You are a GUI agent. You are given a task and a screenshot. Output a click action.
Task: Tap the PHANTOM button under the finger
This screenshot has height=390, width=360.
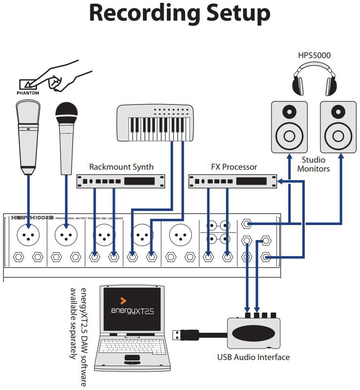tap(28, 84)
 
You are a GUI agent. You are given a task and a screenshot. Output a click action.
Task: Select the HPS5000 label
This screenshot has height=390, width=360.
tap(314, 55)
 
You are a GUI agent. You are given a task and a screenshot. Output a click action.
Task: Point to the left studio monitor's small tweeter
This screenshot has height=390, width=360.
tap(289, 111)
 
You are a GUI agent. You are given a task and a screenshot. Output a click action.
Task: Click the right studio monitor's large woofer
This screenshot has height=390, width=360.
tap(338, 136)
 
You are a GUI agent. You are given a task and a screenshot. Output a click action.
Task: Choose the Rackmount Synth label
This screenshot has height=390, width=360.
tap(121, 167)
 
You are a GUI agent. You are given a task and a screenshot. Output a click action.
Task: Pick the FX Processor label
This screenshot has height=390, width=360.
tap(234, 167)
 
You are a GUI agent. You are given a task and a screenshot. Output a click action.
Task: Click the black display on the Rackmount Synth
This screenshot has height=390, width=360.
tap(139, 181)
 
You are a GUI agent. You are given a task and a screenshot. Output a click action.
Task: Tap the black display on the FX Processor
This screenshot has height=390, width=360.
tap(251, 181)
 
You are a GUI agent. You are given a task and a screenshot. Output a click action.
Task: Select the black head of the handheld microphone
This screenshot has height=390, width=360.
tap(67, 112)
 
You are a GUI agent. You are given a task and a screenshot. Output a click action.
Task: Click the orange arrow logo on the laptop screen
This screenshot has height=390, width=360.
tap(123, 301)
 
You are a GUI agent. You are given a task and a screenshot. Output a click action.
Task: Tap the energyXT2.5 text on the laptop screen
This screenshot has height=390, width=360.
tap(132, 311)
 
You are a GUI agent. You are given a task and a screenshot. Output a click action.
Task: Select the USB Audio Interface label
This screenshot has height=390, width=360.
tap(253, 357)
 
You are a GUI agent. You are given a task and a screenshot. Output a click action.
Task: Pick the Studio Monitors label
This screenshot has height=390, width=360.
tap(314, 164)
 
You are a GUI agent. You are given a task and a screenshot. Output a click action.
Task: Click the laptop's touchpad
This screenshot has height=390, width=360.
tap(132, 359)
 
